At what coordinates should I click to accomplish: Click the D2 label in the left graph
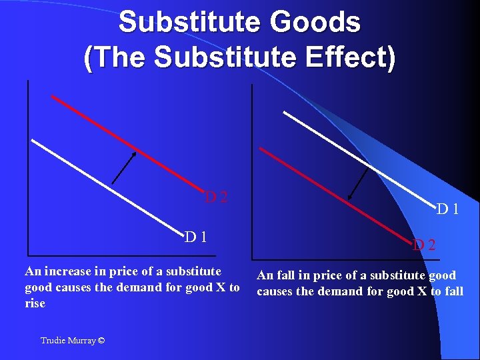(x=217, y=197)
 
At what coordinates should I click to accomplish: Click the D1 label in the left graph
(x=195, y=236)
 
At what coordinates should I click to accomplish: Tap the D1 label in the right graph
(x=447, y=209)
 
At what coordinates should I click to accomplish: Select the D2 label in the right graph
(x=423, y=245)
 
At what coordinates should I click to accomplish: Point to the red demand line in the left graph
(x=127, y=143)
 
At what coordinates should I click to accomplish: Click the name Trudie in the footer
(x=53, y=341)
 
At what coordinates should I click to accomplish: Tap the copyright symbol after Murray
(x=100, y=341)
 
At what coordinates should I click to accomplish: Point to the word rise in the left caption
(x=35, y=304)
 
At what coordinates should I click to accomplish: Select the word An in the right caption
(x=265, y=275)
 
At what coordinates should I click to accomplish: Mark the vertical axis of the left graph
(x=28, y=167)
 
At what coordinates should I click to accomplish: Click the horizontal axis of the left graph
(x=133, y=255)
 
